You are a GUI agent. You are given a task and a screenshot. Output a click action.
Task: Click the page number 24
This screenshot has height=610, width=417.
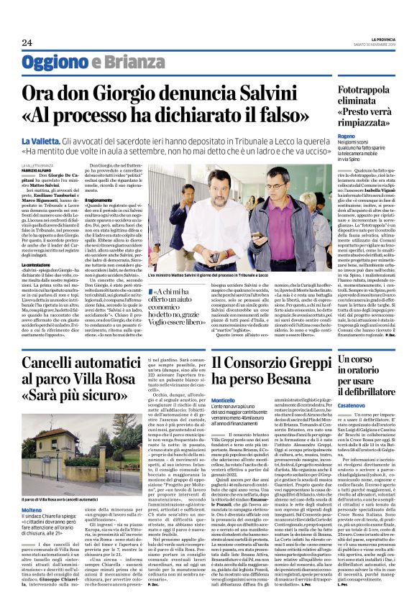click(27, 43)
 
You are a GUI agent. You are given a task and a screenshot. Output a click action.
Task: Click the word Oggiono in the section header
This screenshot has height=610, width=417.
click(53, 63)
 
